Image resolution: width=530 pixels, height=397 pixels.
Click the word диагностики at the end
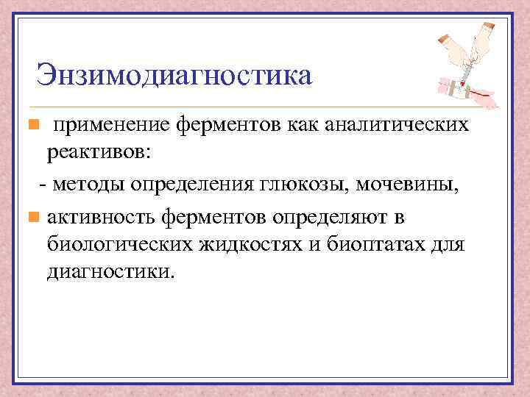click(110, 272)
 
